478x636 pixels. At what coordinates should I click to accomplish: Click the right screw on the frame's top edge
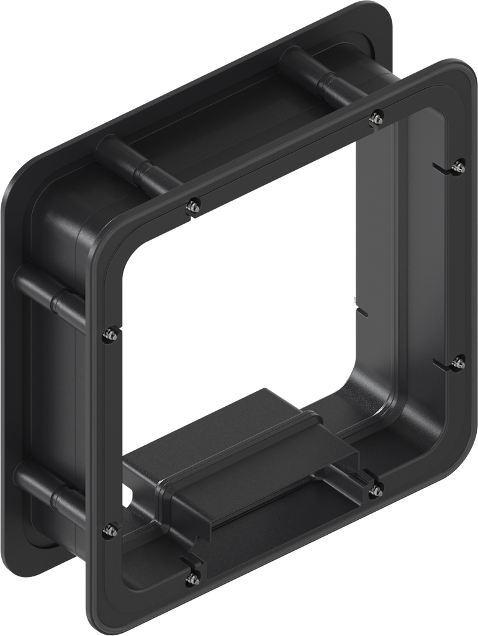pyautogui.click(x=377, y=116)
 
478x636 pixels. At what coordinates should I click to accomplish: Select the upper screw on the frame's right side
pyautogui.click(x=459, y=166)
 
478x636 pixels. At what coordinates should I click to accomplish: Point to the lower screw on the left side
pyautogui.click(x=111, y=530)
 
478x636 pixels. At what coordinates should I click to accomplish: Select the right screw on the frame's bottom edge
pyautogui.click(x=376, y=491)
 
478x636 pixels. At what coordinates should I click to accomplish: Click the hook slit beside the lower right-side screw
pyautogui.click(x=442, y=363)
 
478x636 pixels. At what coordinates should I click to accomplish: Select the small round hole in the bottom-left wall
pyautogui.click(x=128, y=497)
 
